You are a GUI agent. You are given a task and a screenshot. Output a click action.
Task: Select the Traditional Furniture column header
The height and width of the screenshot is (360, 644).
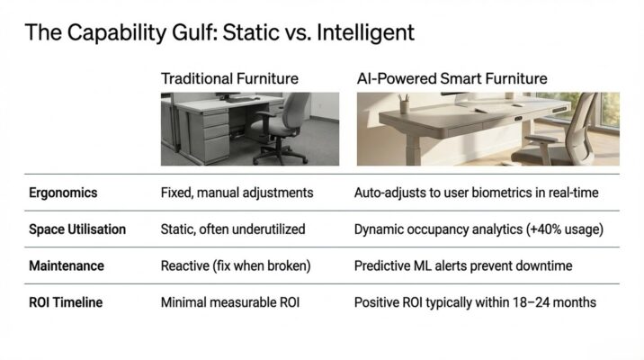230,79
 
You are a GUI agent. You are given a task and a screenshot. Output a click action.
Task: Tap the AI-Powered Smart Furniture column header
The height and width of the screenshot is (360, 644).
452,79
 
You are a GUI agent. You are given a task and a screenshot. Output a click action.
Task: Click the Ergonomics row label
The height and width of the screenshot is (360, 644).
63,193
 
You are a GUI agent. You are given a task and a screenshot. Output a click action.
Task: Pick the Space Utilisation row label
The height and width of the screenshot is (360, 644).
77,229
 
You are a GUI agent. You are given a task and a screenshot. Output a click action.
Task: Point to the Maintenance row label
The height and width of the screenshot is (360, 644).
67,266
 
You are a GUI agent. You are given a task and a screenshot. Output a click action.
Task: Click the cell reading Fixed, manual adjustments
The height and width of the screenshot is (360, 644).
236,193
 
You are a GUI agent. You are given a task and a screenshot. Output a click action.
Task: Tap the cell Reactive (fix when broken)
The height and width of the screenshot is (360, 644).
235,266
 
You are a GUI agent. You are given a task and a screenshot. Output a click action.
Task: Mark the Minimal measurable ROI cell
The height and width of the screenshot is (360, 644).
229,303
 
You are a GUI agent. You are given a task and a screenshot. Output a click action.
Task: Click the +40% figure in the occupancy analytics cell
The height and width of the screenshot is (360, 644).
538,229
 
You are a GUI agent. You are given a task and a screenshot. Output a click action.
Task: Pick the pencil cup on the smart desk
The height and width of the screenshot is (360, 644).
406,106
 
